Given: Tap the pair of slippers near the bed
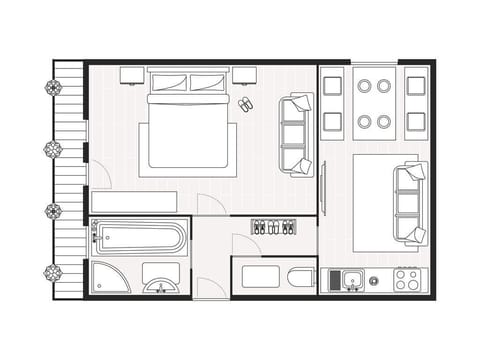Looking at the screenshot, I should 246,104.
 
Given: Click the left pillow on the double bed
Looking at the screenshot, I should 168,83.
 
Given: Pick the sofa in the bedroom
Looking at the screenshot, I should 296,134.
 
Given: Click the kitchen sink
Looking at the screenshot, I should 351,280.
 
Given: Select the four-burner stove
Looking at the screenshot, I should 407,279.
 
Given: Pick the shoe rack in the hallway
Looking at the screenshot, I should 273,227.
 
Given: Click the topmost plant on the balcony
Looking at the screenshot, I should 53,87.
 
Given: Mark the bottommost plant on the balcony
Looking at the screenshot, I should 53,272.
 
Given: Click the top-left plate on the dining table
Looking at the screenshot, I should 364,86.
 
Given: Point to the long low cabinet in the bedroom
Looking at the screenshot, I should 133,201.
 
